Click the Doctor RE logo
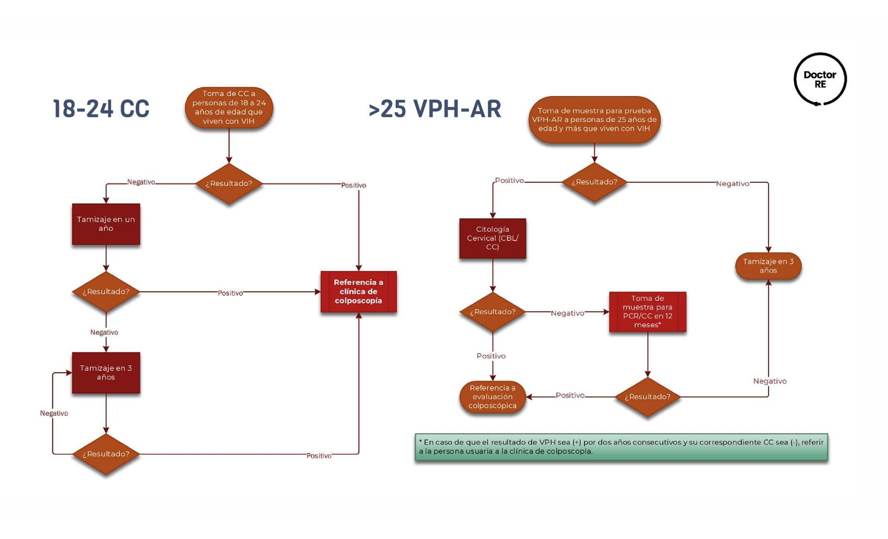tap(820, 79)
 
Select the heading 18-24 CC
tap(101, 109)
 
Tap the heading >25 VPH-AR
tap(435, 109)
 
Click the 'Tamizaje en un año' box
tap(106, 224)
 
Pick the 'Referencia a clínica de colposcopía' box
tap(358, 292)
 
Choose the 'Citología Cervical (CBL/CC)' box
tap(493, 238)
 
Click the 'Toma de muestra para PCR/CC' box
tap(647, 312)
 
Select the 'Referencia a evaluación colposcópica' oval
tap(493, 397)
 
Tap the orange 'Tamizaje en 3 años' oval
tap(768, 266)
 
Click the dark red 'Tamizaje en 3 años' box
tap(106, 373)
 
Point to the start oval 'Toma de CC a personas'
tap(229, 107)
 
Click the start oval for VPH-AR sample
tap(594, 120)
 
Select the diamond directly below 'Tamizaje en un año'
tap(106, 292)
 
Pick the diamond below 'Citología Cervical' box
tap(493, 312)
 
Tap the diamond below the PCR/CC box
tap(647, 397)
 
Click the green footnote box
tap(621, 447)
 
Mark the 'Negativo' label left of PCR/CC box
tap(567, 313)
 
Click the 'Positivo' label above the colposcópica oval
tap(491, 356)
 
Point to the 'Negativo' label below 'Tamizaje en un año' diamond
tap(104, 332)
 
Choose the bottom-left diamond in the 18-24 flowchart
tap(106, 454)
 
